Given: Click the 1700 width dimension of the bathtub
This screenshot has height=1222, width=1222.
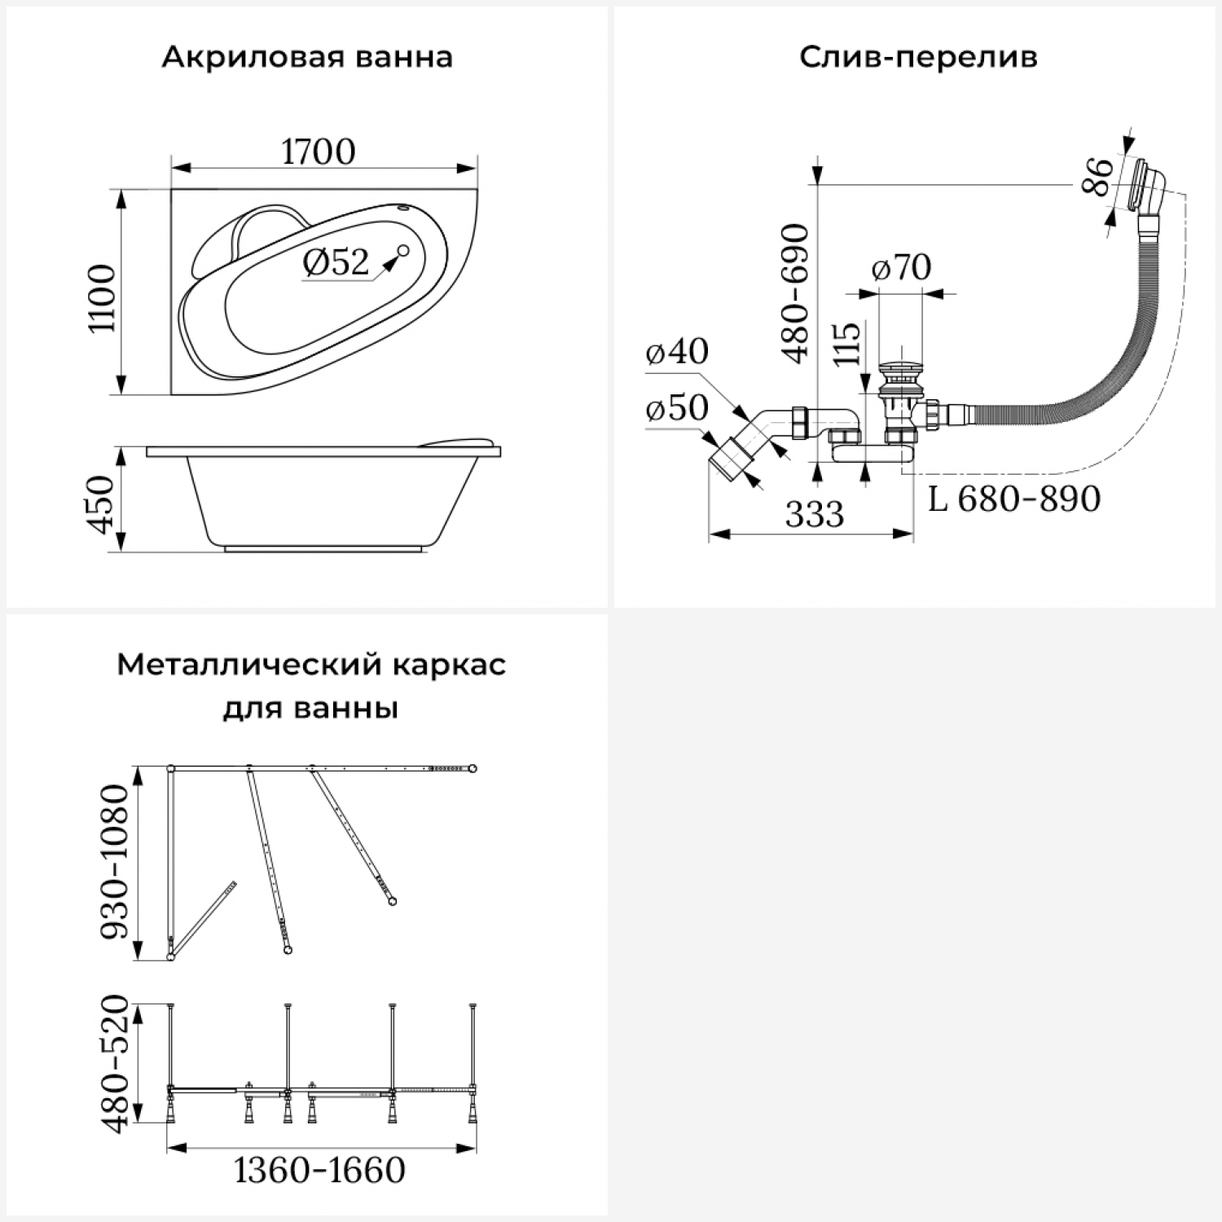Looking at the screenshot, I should pos(319,152).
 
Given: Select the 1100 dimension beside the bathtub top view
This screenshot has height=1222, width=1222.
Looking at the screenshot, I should pos(103,297).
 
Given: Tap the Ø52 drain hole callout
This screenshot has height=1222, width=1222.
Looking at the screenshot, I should pos(336,262).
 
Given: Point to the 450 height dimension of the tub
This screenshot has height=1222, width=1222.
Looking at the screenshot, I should pos(103,506).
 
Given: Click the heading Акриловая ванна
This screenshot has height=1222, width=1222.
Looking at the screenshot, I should pos(307,58).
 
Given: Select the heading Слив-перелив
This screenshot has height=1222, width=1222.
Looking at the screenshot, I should pos(918,58).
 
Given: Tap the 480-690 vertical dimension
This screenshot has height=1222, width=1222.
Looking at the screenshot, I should pos(796,293).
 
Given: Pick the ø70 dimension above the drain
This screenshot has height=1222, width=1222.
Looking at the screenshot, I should pos(901,267).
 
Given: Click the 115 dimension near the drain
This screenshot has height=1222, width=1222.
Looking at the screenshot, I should pos(847,345).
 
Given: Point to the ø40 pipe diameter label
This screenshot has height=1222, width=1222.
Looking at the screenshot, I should pos(677,351).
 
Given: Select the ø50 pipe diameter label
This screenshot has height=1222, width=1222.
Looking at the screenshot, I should pos(677,407).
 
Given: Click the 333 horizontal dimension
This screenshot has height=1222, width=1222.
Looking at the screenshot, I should pos(815,514).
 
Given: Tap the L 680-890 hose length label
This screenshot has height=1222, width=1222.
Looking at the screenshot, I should pos(1014,499).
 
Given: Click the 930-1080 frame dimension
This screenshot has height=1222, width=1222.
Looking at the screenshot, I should pos(115,861).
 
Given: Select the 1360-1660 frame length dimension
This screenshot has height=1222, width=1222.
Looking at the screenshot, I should pos(319,1171).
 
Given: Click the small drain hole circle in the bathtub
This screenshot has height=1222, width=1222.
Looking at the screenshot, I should pos(403,250).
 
